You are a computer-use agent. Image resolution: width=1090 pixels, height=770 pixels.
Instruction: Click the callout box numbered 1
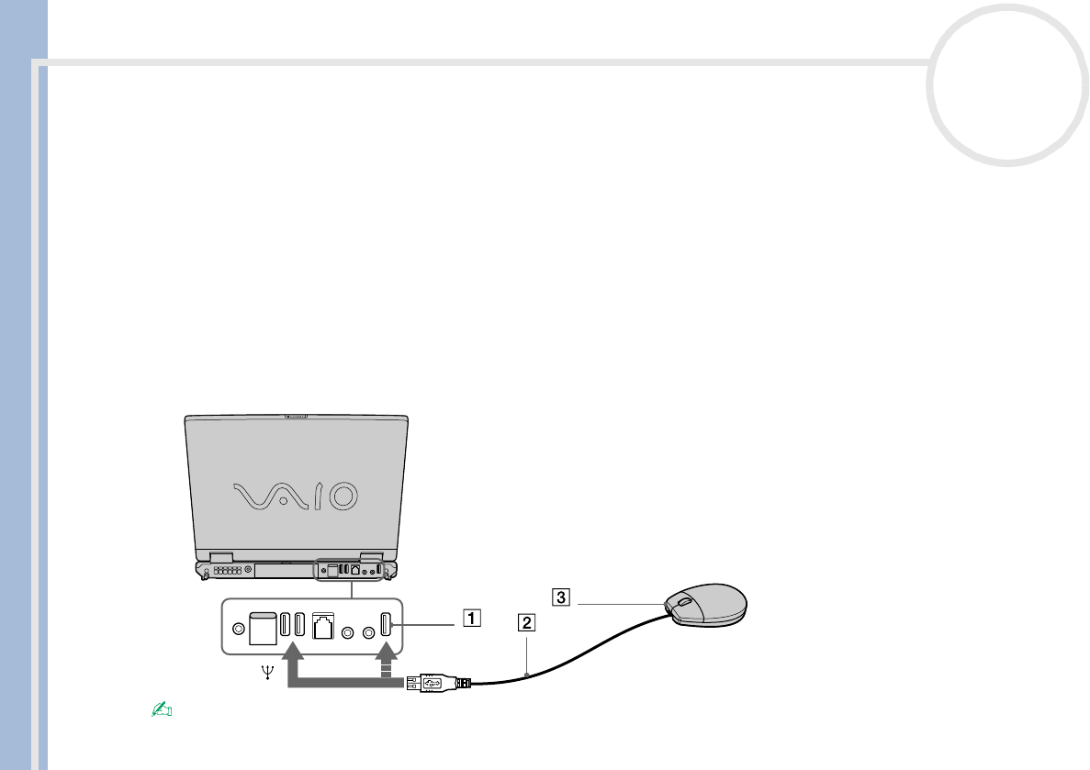(470, 618)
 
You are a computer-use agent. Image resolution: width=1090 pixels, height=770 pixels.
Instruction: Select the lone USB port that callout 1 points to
(386, 625)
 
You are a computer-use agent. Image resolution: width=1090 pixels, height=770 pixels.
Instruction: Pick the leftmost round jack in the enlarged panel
(240, 629)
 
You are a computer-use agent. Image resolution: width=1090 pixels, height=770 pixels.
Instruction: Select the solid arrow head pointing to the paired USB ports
(293, 652)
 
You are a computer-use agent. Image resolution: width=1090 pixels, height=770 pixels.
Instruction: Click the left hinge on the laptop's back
(221, 556)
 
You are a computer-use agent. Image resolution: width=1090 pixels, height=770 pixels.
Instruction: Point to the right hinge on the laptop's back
(371, 556)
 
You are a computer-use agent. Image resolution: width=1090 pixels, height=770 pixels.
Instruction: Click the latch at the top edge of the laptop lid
(296, 418)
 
